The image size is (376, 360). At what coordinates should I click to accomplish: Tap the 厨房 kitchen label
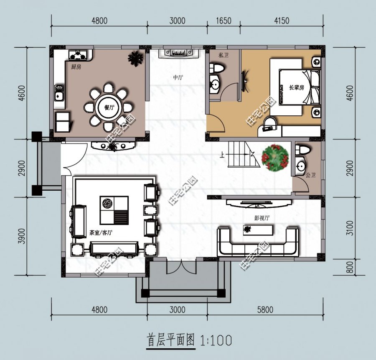pyautogui.click(x=75, y=67)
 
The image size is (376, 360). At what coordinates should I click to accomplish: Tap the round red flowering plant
pyautogui.click(x=275, y=158)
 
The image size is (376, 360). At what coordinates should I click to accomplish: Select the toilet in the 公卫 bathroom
pyautogui.click(x=302, y=150)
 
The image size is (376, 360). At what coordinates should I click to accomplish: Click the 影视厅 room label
pyautogui.click(x=262, y=218)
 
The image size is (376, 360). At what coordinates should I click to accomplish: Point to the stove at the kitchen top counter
pyautogui.click(x=79, y=54)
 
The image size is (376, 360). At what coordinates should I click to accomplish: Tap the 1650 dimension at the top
pyautogui.click(x=224, y=20)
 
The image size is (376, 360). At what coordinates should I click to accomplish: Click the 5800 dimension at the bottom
pyautogui.click(x=265, y=310)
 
